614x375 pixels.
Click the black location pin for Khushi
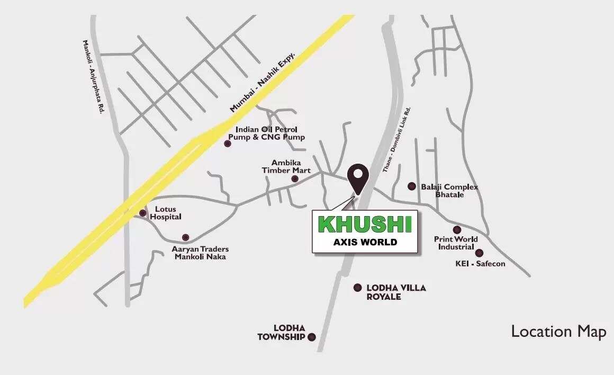[x=359, y=176]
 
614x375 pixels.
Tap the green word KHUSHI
[x=365, y=225]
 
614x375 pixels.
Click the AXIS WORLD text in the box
[x=365, y=243]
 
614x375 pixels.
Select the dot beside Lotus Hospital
[x=142, y=213]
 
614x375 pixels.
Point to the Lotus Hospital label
[x=166, y=213]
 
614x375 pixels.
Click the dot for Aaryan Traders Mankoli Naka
[x=185, y=237]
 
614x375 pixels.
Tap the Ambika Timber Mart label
[x=284, y=166]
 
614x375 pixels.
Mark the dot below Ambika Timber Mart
[x=295, y=179]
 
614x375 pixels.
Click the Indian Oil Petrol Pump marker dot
[x=228, y=143]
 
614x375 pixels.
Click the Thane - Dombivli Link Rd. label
[x=397, y=139]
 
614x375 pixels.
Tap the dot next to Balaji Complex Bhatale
[x=412, y=186]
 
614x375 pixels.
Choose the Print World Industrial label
[x=456, y=243]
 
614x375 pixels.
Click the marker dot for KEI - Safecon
[x=479, y=253]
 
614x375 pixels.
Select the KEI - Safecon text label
[x=480, y=263]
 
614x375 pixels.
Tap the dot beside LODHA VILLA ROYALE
[x=358, y=288]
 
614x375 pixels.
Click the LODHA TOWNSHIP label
[x=281, y=333]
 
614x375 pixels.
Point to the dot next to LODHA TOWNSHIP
[x=312, y=337]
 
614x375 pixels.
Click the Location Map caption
[x=558, y=332]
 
